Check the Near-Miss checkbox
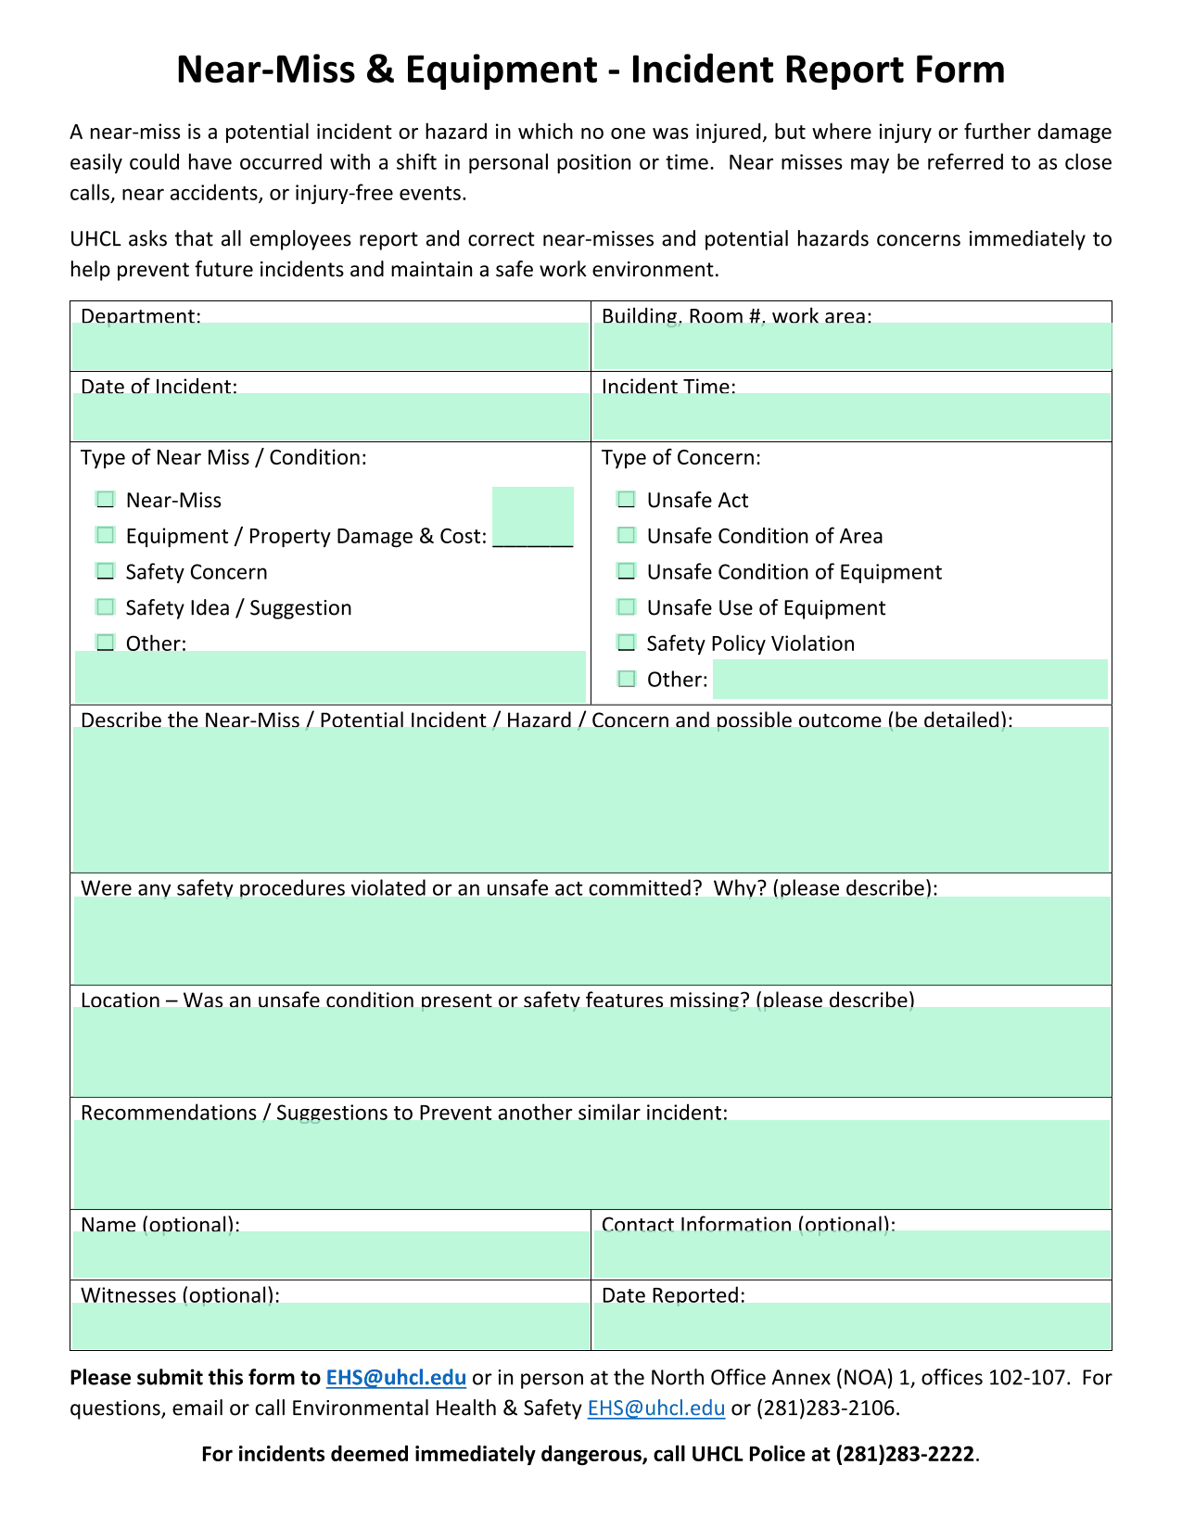coord(106,500)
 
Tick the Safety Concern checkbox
coord(106,571)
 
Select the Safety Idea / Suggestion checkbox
coord(106,607)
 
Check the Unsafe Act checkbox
coord(627,500)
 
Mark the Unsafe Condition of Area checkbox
coord(627,535)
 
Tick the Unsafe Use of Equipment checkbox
coord(627,607)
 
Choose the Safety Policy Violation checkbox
coord(627,643)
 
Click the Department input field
coord(331,346)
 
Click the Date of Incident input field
coord(331,416)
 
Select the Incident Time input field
coord(852,416)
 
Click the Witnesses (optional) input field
coord(331,1326)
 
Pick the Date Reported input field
coord(852,1326)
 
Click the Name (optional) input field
coord(331,1255)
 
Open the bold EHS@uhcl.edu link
coord(396,1378)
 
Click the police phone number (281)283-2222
coord(904,1454)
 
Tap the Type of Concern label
coord(680,458)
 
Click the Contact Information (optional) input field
coord(852,1255)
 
